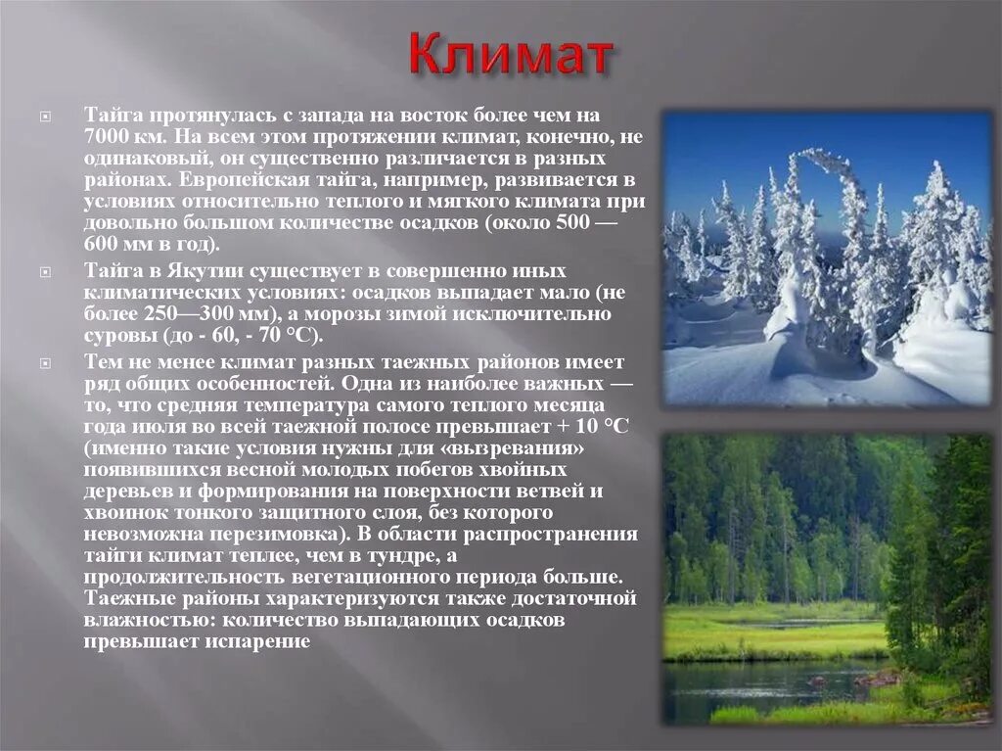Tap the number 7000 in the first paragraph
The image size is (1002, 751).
click(105, 137)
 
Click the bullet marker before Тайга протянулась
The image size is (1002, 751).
click(44, 117)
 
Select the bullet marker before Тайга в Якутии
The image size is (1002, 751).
click(44, 271)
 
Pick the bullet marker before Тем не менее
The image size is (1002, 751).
click(44, 361)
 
